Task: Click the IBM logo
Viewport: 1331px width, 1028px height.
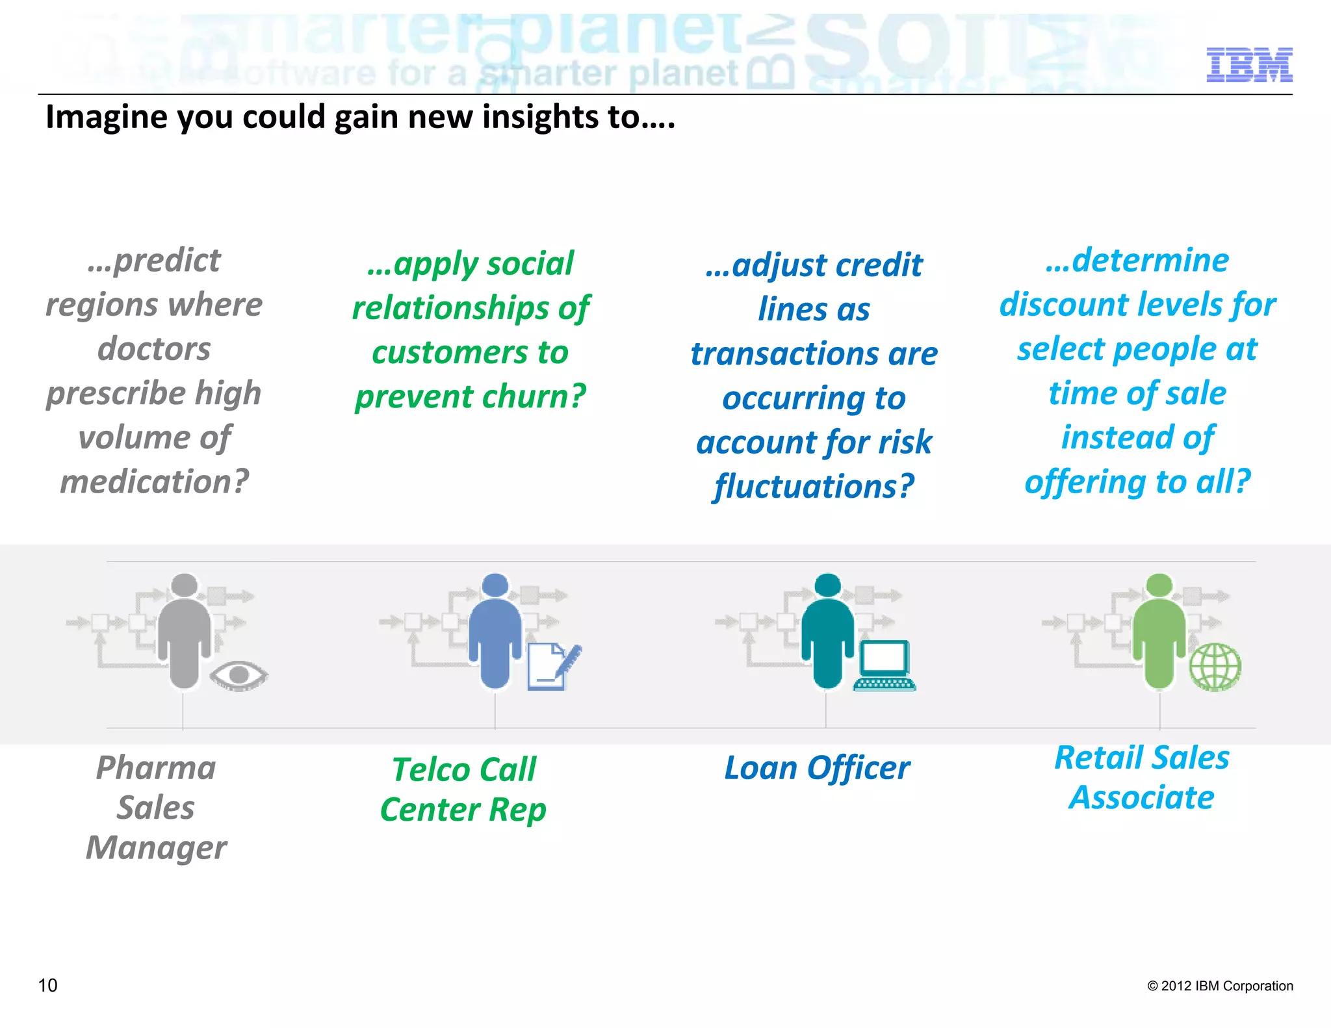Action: click(x=1248, y=65)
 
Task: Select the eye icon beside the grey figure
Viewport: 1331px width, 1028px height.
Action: click(x=239, y=675)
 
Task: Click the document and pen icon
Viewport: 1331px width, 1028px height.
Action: click(x=552, y=666)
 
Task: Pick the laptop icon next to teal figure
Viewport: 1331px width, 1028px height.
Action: click(x=885, y=666)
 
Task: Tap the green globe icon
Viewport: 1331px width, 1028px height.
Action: click(x=1215, y=667)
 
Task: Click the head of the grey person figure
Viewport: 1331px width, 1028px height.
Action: click(x=185, y=584)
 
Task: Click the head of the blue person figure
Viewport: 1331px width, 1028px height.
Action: click(x=495, y=584)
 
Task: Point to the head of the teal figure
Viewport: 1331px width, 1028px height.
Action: click(x=827, y=584)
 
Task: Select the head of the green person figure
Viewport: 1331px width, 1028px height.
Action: click(x=1159, y=584)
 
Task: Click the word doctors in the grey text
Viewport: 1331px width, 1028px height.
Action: click(x=154, y=349)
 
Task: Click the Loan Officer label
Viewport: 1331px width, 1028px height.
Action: click(x=817, y=768)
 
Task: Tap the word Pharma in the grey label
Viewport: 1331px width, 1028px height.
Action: click(x=156, y=768)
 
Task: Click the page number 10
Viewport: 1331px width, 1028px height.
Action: click(x=48, y=985)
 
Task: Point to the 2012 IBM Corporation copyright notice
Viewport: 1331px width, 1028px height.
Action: click(x=1220, y=986)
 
